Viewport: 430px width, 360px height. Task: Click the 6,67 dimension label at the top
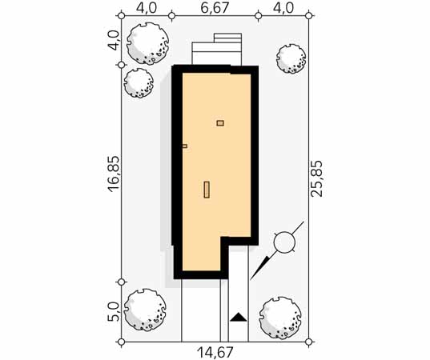coord(215,8)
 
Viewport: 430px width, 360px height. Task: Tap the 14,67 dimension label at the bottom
coord(215,352)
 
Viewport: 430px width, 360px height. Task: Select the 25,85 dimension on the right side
coord(316,178)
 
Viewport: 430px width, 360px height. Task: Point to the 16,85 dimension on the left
coord(114,174)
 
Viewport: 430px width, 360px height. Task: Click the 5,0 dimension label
coord(113,312)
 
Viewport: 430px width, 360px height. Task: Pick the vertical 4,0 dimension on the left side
coord(113,41)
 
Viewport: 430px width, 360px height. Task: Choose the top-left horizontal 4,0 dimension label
coord(147,8)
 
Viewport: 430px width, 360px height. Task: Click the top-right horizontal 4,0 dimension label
coord(283,8)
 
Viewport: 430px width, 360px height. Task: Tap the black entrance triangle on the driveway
coord(239,317)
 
